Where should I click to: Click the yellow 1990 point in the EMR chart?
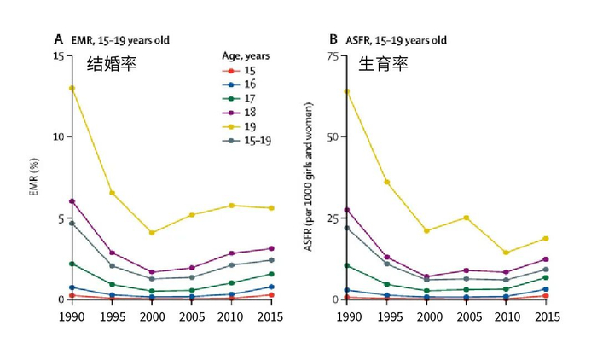click(72, 88)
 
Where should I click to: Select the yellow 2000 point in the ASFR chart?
click(426, 230)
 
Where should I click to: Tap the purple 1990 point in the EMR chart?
click(72, 201)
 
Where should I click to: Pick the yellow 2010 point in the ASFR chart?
click(506, 253)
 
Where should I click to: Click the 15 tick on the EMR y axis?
click(57, 55)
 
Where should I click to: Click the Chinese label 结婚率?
click(112, 64)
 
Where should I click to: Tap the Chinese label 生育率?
click(381, 64)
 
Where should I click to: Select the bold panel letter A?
click(59, 39)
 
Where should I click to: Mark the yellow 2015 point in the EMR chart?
click(271, 208)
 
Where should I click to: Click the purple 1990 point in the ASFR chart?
click(346, 210)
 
